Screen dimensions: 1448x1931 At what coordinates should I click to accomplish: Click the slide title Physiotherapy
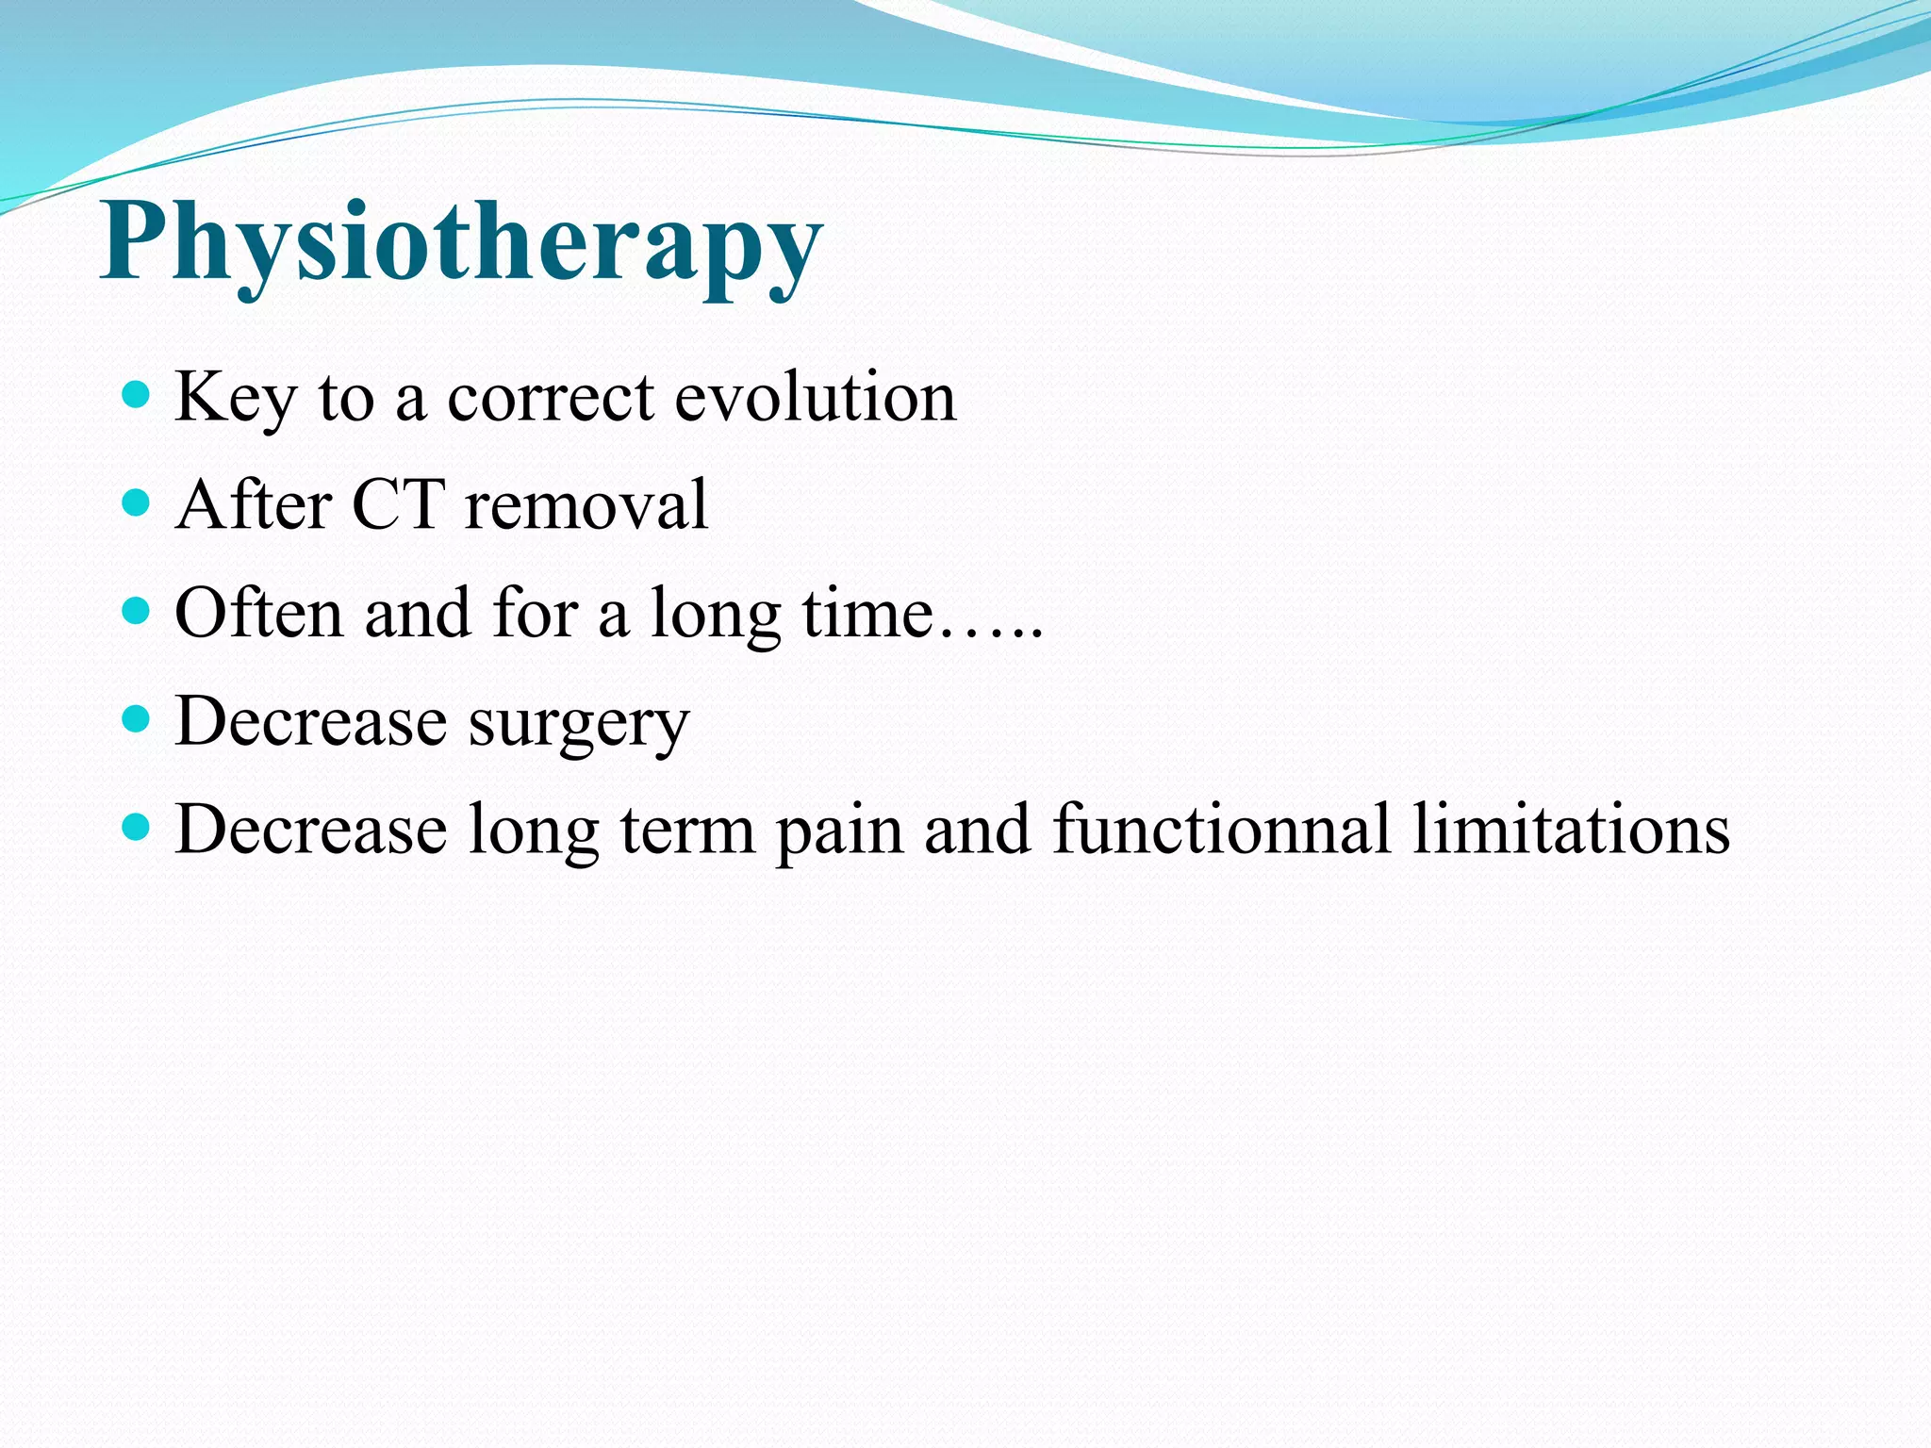(x=462, y=243)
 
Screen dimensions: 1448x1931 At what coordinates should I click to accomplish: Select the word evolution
(x=816, y=397)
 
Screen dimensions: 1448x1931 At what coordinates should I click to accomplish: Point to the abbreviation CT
(x=397, y=505)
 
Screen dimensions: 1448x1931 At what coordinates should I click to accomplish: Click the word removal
(x=586, y=505)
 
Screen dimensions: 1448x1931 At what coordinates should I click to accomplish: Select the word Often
(x=259, y=613)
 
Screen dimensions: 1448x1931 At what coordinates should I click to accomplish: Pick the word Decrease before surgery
(x=311, y=721)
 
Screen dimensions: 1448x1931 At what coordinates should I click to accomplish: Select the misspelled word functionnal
(x=1221, y=830)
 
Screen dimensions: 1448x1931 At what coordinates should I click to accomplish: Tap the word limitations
(x=1571, y=830)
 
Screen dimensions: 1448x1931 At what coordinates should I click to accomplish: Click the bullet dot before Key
(x=137, y=394)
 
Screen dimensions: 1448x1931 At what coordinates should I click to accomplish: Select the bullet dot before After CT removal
(x=137, y=502)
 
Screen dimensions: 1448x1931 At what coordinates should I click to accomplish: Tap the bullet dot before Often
(x=137, y=611)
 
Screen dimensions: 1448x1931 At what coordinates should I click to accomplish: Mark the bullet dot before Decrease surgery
(x=137, y=719)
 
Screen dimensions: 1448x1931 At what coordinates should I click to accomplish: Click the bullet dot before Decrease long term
(x=137, y=828)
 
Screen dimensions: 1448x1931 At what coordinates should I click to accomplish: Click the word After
(x=254, y=505)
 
